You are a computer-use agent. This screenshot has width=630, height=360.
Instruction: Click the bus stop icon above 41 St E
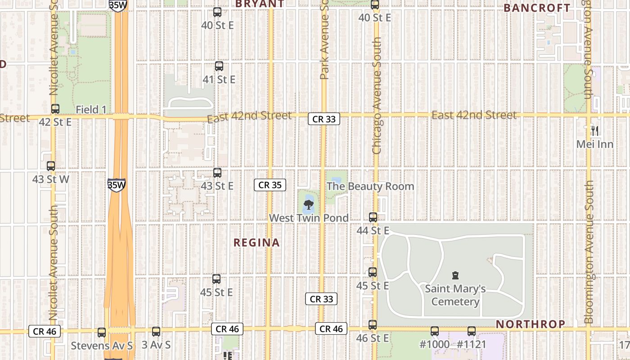pyautogui.click(x=219, y=66)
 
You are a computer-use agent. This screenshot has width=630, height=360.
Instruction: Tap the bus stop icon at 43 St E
pyautogui.click(x=217, y=172)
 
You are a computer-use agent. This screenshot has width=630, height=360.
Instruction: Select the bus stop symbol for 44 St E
pyautogui.click(x=373, y=217)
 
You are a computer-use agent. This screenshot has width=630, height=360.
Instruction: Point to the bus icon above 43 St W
pyautogui.click(x=51, y=166)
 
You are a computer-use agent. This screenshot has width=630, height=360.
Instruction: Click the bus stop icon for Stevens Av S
pyautogui.click(x=102, y=333)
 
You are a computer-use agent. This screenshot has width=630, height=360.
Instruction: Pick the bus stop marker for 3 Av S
pyautogui.click(x=156, y=332)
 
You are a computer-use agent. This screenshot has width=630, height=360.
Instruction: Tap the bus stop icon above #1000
pyautogui.click(x=434, y=331)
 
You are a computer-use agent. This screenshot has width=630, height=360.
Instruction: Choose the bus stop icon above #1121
pyautogui.click(x=471, y=331)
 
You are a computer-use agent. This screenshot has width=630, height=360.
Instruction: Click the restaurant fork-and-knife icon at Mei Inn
pyautogui.click(x=595, y=131)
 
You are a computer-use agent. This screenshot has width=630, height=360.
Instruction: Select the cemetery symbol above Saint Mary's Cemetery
pyautogui.click(x=455, y=275)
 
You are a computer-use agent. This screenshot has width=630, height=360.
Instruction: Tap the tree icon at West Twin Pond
pyautogui.click(x=308, y=206)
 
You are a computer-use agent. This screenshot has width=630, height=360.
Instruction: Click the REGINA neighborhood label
pyautogui.click(x=256, y=243)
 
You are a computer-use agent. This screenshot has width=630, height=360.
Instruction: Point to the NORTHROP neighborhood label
pyautogui.click(x=530, y=324)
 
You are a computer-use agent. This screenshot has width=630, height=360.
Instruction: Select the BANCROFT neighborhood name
pyautogui.click(x=536, y=8)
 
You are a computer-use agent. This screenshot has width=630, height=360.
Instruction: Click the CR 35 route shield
pyautogui.click(x=270, y=185)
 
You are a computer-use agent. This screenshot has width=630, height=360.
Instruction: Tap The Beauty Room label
pyautogui.click(x=370, y=186)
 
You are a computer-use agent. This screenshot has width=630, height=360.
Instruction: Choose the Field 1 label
pyautogui.click(x=91, y=109)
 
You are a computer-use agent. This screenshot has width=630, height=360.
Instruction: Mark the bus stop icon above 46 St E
pyautogui.click(x=373, y=324)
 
